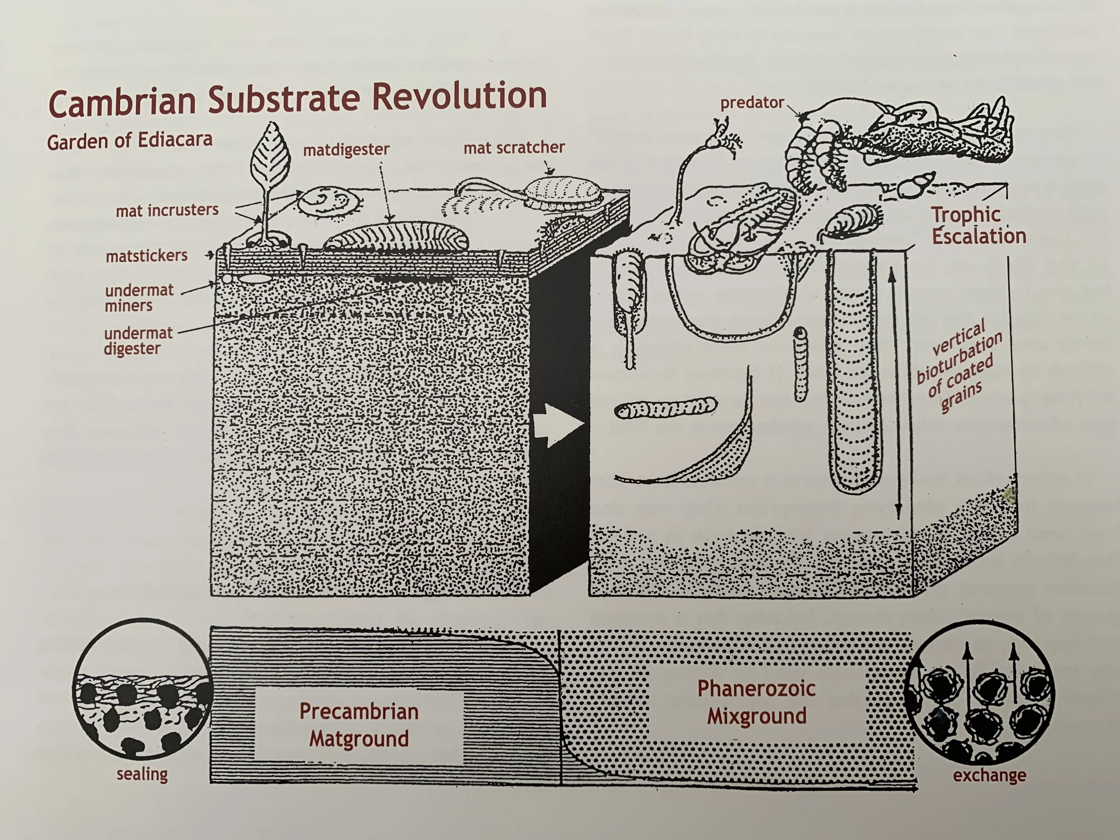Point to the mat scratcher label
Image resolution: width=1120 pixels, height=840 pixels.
click(514, 147)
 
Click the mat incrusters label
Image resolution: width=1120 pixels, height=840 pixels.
click(167, 210)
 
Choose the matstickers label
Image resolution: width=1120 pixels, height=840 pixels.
click(146, 256)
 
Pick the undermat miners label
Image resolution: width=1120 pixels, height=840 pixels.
click(139, 298)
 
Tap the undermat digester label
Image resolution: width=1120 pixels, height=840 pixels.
click(138, 341)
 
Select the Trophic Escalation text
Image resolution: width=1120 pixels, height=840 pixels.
click(978, 225)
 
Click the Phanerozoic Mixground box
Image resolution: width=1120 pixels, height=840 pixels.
click(756, 702)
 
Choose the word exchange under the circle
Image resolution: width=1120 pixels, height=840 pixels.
click(989, 775)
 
